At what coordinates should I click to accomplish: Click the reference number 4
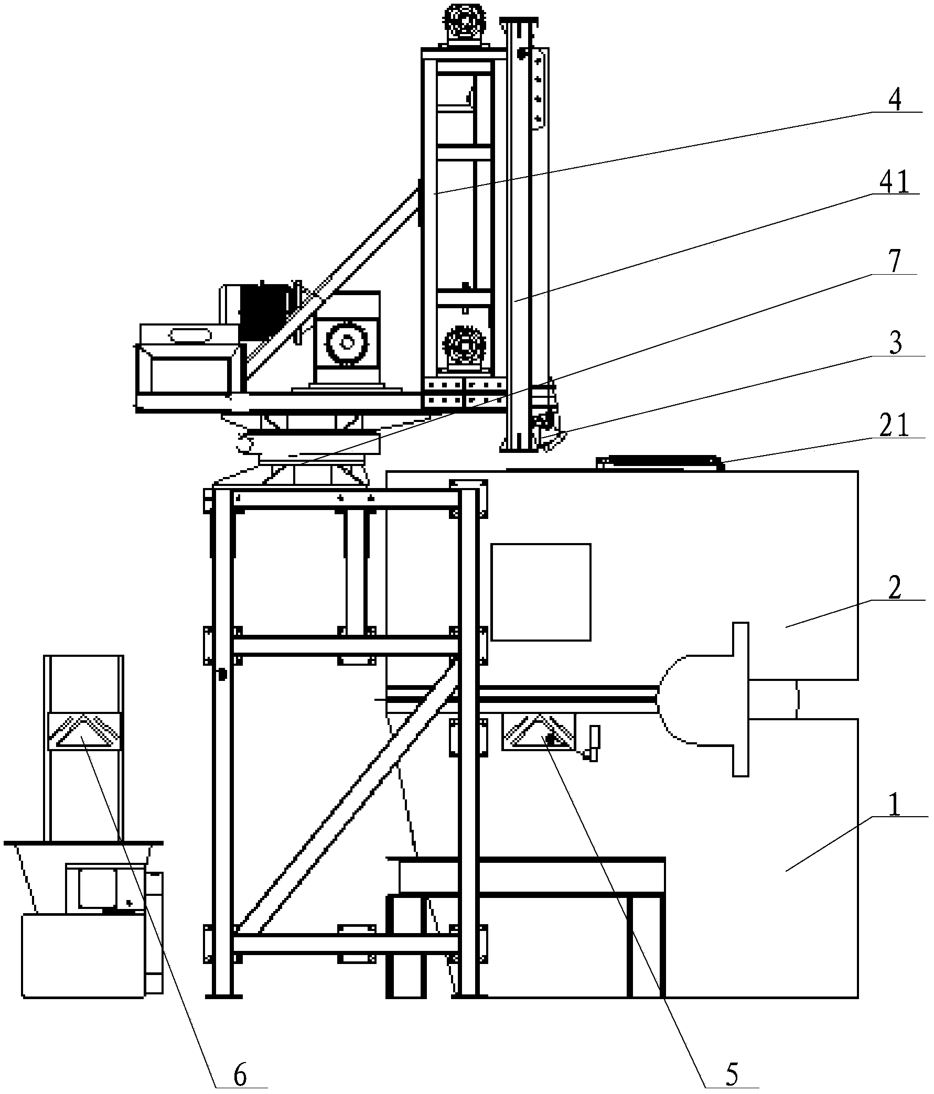894,99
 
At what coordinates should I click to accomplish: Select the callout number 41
894,181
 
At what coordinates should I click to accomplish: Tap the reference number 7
894,262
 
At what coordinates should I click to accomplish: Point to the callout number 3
895,343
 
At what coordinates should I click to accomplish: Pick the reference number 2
894,588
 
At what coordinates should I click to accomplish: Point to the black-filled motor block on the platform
263,311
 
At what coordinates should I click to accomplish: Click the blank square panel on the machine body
541,592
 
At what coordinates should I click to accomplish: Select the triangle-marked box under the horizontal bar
538,733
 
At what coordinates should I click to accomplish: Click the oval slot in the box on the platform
190,335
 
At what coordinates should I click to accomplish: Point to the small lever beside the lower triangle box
593,743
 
